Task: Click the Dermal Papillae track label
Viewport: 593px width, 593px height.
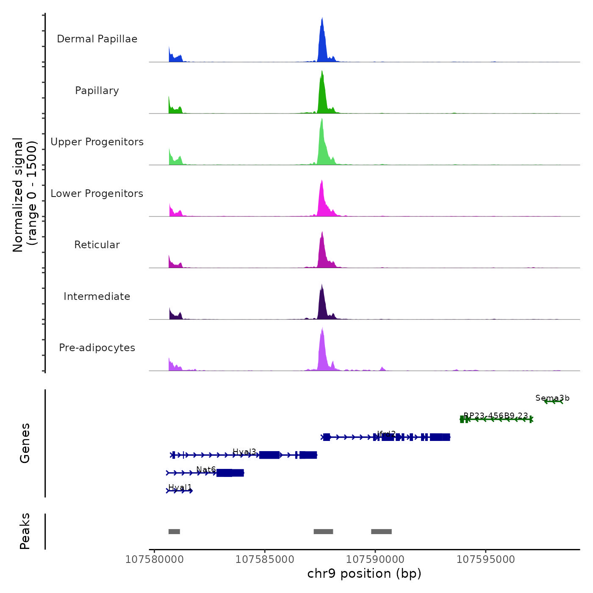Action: [x=97, y=39]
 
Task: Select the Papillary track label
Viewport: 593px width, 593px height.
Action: [x=97, y=91]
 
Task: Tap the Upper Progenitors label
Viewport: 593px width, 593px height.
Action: [x=97, y=142]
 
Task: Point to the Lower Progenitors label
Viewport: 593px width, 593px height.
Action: [x=97, y=194]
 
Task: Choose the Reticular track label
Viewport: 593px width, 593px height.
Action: [x=97, y=245]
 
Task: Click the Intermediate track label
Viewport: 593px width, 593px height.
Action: [x=97, y=296]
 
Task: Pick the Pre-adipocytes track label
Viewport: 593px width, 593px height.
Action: [x=97, y=348]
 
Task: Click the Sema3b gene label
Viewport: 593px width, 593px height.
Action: [x=552, y=398]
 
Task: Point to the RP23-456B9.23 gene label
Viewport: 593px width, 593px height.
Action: [x=496, y=416]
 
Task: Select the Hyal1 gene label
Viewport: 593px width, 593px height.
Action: [x=180, y=488]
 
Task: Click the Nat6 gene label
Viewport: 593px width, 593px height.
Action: [x=206, y=470]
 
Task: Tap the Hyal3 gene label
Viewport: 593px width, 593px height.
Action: [x=244, y=452]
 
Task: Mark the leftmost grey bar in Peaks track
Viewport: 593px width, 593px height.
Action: [x=174, y=532]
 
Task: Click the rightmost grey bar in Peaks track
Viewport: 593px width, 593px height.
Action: [x=381, y=532]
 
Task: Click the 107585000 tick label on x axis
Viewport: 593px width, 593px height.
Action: [x=265, y=560]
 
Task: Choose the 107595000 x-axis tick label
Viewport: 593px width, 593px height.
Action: [x=485, y=560]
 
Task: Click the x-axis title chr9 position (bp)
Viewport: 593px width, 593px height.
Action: [x=364, y=574]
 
